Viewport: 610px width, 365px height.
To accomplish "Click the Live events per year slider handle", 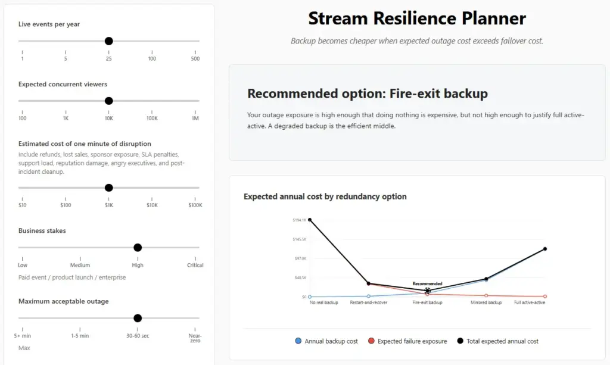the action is [x=109, y=41].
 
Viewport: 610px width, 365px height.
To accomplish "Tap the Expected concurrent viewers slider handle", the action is [x=109, y=101].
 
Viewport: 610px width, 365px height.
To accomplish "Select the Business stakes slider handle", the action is [x=138, y=248].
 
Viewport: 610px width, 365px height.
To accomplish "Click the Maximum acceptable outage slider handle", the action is [x=138, y=318].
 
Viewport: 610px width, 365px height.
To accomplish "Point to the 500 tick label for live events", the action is [x=195, y=59].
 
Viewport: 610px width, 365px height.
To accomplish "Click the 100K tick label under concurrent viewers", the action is [x=152, y=118].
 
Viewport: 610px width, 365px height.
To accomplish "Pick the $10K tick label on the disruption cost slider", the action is [x=152, y=205].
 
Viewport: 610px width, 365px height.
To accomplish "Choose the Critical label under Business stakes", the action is [x=195, y=265].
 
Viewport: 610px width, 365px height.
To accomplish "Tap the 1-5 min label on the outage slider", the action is [x=80, y=335].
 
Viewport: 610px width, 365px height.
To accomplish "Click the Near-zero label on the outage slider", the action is [x=195, y=338].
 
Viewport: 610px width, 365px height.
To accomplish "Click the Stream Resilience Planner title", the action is [x=417, y=18].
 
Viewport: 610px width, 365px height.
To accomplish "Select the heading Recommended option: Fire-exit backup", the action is [x=368, y=93].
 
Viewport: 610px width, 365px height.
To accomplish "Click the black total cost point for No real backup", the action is [x=310, y=220].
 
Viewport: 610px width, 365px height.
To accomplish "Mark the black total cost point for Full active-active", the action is [x=545, y=249].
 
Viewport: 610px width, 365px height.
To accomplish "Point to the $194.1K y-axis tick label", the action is [x=300, y=220].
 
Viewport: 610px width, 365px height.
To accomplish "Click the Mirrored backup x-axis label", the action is [x=486, y=302].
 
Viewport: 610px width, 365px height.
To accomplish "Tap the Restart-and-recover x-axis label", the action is [x=368, y=302].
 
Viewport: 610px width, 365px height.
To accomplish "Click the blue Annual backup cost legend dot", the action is [x=298, y=341].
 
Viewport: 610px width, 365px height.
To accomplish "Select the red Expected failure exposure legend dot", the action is [x=371, y=341].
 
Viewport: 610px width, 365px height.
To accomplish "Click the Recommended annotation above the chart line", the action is [x=427, y=284].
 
